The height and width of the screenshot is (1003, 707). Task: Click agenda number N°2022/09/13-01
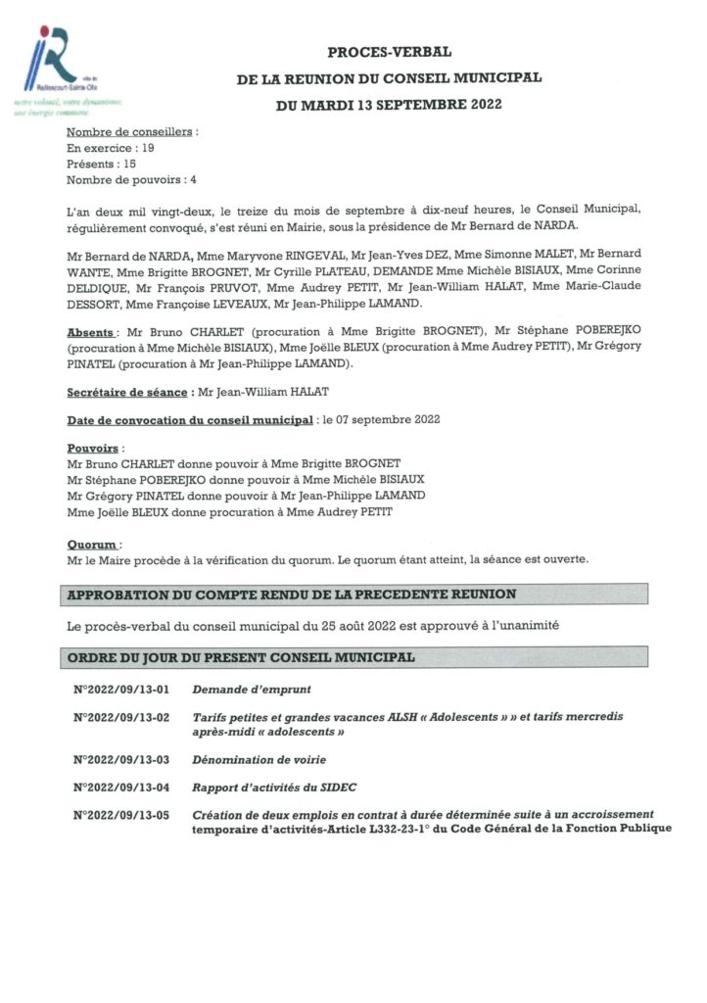(x=121, y=689)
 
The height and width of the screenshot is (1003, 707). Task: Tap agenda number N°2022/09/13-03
(x=121, y=760)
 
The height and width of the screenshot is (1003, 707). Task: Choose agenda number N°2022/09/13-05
(x=121, y=815)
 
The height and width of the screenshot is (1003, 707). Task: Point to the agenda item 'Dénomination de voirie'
(x=259, y=760)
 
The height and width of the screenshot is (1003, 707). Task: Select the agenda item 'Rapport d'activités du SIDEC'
(x=280, y=788)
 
